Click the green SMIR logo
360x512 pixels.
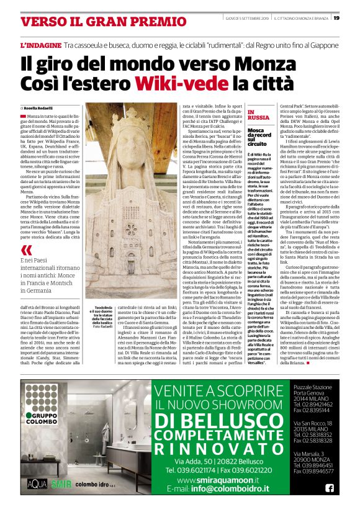[x=59, y=482]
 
